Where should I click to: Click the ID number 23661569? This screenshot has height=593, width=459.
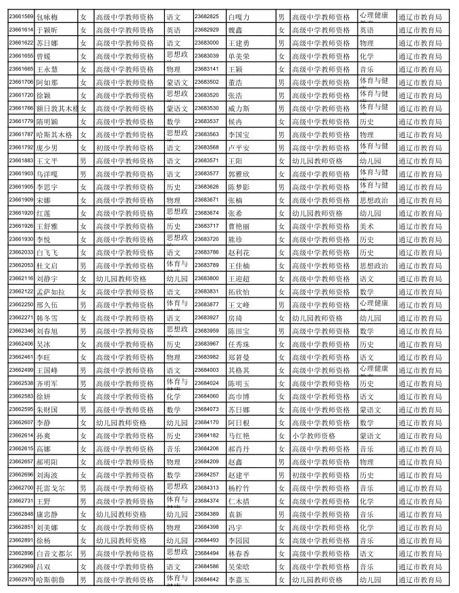point(21,16)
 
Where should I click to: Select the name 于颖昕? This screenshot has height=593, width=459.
point(47,30)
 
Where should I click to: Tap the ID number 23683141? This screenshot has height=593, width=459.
point(206,68)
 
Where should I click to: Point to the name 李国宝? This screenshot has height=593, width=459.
point(239,135)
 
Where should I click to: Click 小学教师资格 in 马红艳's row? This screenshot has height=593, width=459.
point(313,436)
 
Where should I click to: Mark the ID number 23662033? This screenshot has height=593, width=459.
point(21,252)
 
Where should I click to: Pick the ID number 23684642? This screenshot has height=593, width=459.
point(206,579)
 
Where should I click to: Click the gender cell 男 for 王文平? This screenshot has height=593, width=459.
point(82,160)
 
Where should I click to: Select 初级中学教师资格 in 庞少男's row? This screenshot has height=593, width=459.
point(124,147)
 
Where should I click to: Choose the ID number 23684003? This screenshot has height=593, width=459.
point(206,370)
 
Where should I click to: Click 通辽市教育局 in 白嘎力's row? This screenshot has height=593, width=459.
point(420,16)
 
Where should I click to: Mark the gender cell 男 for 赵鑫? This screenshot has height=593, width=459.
point(281,462)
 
